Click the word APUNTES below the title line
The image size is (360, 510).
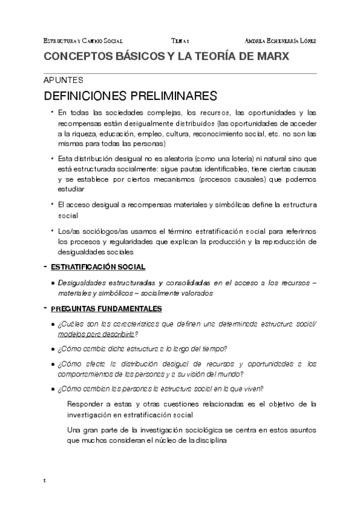(x=63, y=80)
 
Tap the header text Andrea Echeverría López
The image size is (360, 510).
(x=281, y=40)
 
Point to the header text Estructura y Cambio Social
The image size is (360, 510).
(x=84, y=40)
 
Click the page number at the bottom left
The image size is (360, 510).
(x=45, y=481)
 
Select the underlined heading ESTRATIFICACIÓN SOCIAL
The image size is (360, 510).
(x=97, y=266)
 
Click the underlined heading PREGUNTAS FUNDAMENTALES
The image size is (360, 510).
(x=106, y=309)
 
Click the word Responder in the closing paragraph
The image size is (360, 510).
(x=88, y=404)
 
